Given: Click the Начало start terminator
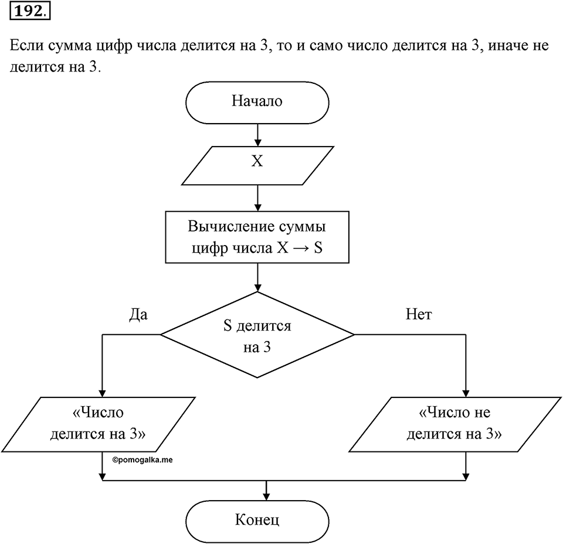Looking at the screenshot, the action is click(x=257, y=103).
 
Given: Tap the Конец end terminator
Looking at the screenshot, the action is click(x=257, y=521).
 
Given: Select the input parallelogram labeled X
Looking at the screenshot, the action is click(x=257, y=166).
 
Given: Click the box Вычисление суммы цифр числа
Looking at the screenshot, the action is click(x=257, y=237).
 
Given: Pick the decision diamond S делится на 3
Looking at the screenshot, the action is click(x=257, y=335).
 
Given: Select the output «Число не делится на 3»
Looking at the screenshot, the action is click(x=455, y=424).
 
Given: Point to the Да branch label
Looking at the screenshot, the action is click(x=138, y=314).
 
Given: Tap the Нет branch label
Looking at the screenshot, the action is click(x=419, y=314).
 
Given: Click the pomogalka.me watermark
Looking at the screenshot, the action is click(x=142, y=460).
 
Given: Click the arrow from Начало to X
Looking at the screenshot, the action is click(x=257, y=135).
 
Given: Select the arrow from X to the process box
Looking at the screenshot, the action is click(x=257, y=198).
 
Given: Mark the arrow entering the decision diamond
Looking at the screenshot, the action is click(x=257, y=278).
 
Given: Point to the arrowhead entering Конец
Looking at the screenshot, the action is click(x=266, y=497).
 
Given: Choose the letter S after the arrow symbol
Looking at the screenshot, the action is click(x=318, y=248).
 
